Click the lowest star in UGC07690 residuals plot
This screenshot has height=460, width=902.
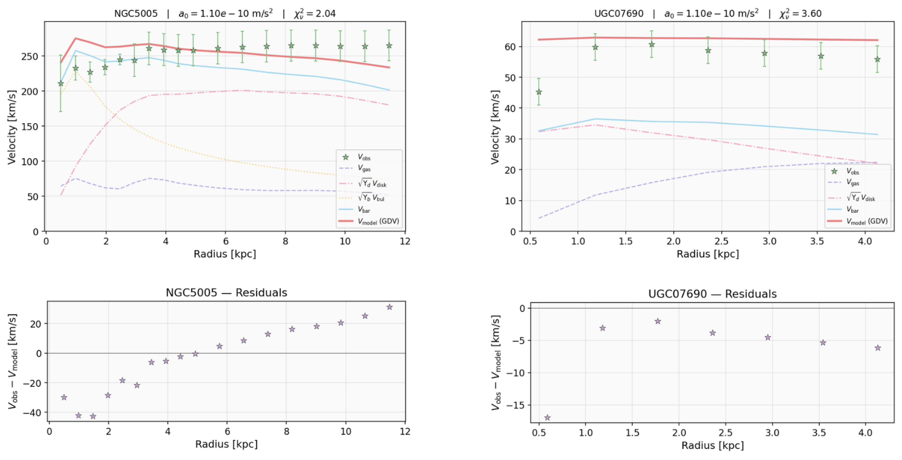tap(547, 418)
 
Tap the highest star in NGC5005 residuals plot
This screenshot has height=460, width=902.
tap(389, 307)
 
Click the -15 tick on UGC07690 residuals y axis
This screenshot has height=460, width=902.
tap(516, 405)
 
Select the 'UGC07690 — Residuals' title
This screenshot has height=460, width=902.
tap(712, 294)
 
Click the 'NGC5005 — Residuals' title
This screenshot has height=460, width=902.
tap(226, 293)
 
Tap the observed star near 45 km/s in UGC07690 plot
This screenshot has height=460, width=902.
tap(539, 92)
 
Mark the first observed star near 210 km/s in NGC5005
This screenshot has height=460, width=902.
tap(61, 83)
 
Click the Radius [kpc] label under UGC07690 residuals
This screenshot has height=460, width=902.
tap(712, 446)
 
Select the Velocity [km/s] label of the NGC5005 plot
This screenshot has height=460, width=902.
tap(12, 127)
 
